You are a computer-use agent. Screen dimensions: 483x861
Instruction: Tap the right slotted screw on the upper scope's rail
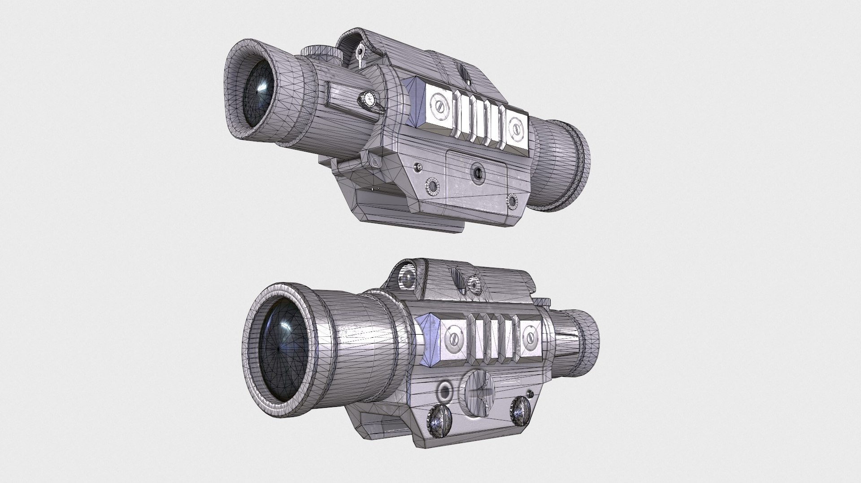(517, 130)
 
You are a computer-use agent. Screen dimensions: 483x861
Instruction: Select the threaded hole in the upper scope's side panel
(477, 171)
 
